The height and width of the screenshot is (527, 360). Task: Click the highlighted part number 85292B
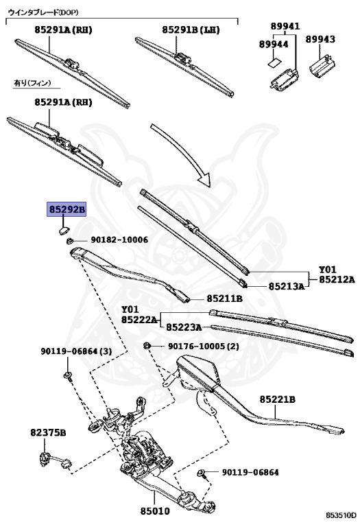67,210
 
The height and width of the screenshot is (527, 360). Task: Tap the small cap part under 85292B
63,231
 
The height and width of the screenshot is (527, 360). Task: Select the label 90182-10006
119,239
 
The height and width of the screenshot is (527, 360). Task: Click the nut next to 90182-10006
70,241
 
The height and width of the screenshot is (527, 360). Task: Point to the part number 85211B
224,298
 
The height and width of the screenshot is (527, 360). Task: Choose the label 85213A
287,286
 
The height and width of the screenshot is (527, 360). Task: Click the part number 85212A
337,279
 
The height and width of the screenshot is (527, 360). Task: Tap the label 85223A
184,327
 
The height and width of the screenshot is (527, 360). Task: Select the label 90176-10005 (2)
204,346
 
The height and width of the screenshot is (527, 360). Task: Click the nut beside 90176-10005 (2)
147,346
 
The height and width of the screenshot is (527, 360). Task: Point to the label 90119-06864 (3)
76,351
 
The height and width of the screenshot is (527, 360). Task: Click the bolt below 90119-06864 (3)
68,376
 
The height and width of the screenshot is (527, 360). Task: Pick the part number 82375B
48,432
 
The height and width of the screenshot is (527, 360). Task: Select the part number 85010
155,511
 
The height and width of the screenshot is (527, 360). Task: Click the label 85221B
278,399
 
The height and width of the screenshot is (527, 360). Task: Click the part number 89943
320,39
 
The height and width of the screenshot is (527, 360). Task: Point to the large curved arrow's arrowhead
204,178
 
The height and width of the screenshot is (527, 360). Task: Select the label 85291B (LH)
191,30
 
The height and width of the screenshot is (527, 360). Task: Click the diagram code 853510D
341,515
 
